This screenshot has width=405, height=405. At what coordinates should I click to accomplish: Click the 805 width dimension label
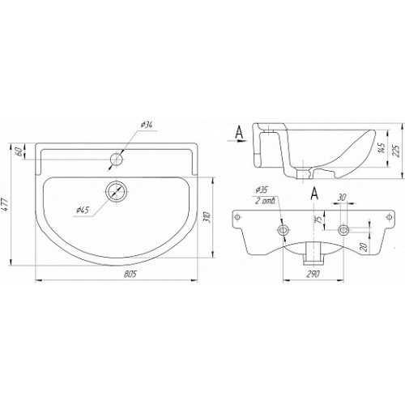(x=130, y=274)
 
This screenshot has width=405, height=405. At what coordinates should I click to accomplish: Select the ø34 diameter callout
(x=147, y=125)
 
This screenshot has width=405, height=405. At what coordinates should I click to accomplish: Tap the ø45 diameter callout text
(x=83, y=210)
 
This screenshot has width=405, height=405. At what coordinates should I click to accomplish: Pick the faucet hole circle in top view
(x=117, y=160)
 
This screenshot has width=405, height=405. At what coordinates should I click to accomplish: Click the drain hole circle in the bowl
(x=117, y=191)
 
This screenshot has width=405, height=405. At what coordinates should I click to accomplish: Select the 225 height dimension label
(x=395, y=151)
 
